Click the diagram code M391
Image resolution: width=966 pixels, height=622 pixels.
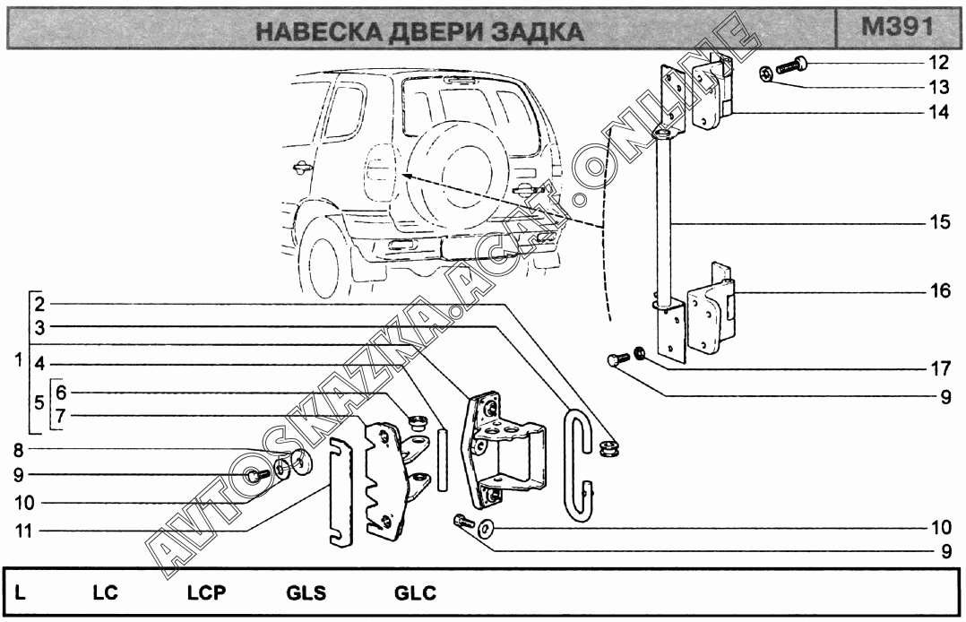click(x=896, y=27)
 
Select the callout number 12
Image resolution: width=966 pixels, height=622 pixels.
click(x=937, y=63)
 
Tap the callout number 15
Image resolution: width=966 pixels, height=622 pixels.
click(x=937, y=222)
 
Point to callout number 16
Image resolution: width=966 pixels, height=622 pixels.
click(x=937, y=292)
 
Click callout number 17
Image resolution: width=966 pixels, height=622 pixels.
click(x=937, y=367)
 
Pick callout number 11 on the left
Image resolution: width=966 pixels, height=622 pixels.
click(x=22, y=530)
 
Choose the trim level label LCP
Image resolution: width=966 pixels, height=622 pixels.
click(x=206, y=593)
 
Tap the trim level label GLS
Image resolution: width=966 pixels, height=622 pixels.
click(x=306, y=593)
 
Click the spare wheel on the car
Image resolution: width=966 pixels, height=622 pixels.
click(x=448, y=170)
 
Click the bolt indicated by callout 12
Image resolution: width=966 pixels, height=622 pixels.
click(x=791, y=65)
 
